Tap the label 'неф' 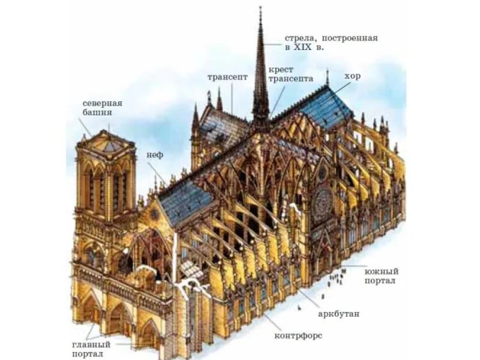[155, 154]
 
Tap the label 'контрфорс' [298, 335]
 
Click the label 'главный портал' [91, 349]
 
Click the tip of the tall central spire [260, 8]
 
